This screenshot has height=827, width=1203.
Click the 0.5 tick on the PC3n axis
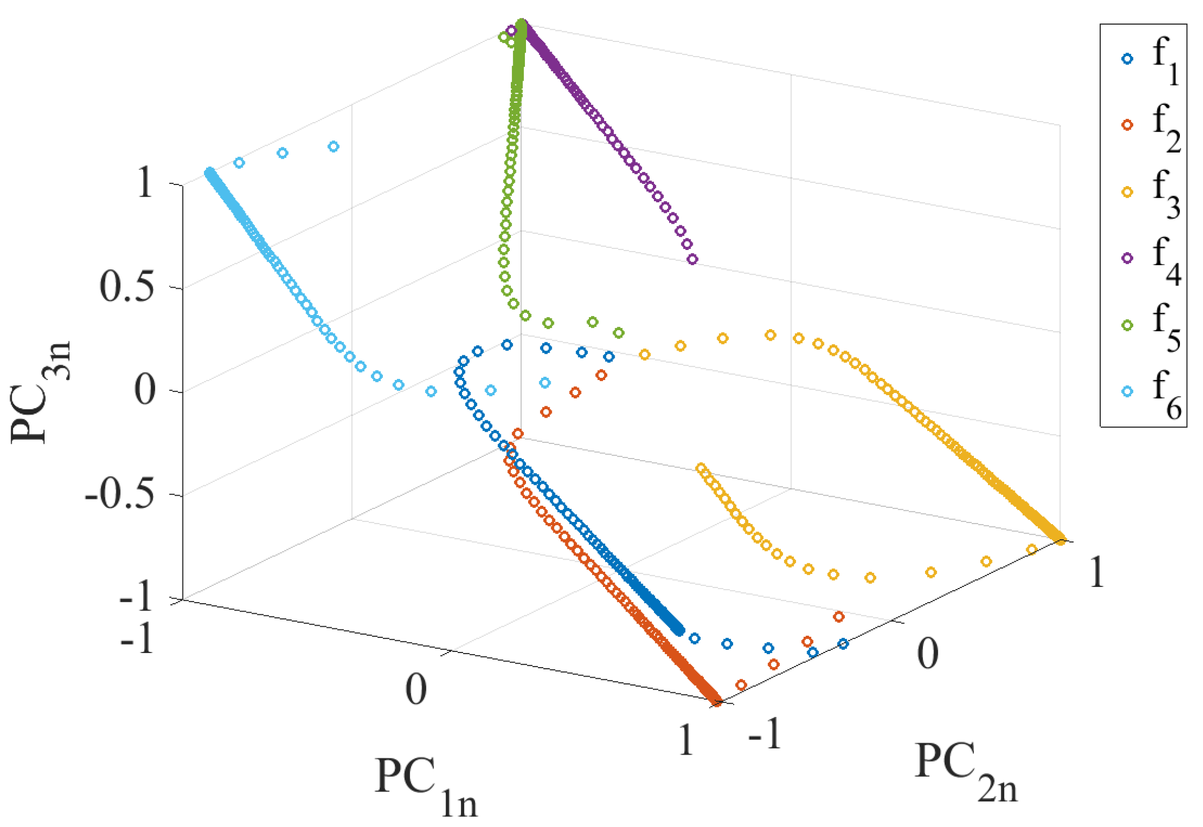[x=127, y=287]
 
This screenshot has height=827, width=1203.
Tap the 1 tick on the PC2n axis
[x=1096, y=572]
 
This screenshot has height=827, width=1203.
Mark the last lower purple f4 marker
[x=692, y=259]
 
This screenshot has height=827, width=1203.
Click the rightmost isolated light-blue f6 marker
[x=545, y=383]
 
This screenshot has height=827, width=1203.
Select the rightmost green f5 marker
[x=619, y=333]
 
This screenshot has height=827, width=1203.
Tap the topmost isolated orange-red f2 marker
[x=601, y=375]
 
